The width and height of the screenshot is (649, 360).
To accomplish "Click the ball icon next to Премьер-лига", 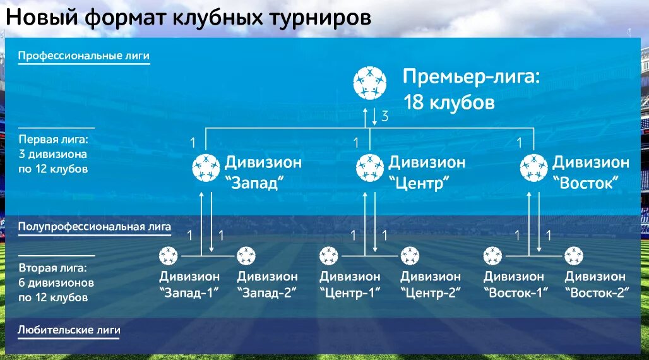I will (x=370, y=83).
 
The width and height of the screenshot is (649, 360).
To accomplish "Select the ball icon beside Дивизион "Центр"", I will (x=370, y=168).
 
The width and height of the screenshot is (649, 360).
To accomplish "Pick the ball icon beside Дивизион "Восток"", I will (x=534, y=168).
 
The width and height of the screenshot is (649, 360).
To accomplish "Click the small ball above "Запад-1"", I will (x=169, y=256).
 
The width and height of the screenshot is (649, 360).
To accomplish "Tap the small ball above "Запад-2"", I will (x=246, y=256).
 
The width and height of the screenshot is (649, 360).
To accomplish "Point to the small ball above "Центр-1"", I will (x=329, y=256).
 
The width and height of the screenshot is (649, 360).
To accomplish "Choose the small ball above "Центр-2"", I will (x=410, y=256).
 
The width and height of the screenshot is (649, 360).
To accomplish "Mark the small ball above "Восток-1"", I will (x=493, y=256).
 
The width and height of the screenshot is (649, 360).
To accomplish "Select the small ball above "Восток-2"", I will (x=574, y=256).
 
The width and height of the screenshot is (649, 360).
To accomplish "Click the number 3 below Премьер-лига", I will (x=384, y=116).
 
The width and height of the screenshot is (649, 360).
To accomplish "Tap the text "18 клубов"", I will (x=449, y=102).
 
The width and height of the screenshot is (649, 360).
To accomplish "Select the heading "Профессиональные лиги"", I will (x=84, y=56).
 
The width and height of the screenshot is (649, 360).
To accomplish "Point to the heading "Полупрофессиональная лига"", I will (x=95, y=225).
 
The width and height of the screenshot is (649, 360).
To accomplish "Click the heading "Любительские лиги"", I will (x=69, y=330).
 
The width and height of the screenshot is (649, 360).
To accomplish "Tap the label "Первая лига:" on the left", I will (x=53, y=139).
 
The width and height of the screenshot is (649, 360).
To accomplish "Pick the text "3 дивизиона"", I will (x=53, y=154).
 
